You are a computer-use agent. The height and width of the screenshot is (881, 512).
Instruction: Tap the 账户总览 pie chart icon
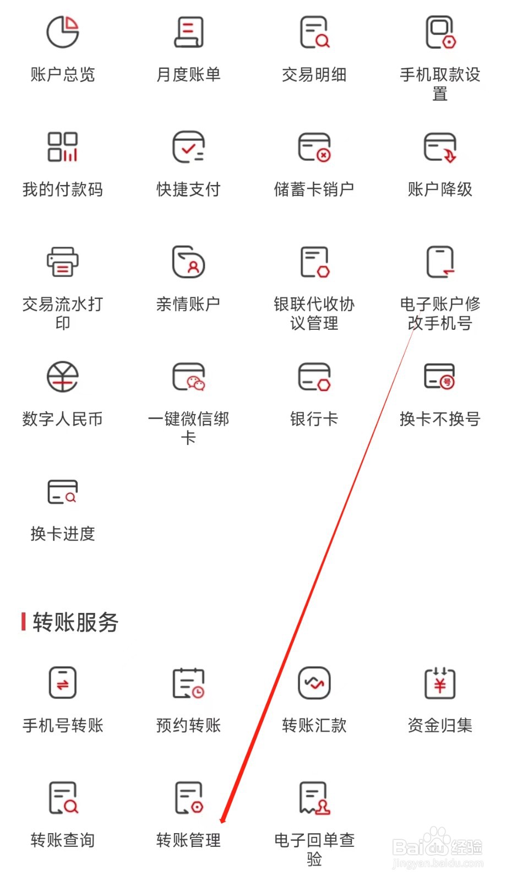pyautogui.click(x=62, y=32)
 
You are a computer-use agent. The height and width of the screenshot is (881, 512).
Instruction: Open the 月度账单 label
pyautogui.click(x=188, y=74)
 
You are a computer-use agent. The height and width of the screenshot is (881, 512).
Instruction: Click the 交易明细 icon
pyautogui.click(x=314, y=32)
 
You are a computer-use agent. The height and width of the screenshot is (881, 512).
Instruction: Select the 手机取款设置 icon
pyautogui.click(x=440, y=32)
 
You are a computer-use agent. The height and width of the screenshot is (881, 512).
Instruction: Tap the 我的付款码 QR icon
pyautogui.click(x=62, y=146)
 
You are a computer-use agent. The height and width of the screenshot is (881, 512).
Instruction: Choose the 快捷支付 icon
pyautogui.click(x=188, y=146)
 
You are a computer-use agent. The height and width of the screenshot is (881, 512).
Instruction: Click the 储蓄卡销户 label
pyautogui.click(x=314, y=189)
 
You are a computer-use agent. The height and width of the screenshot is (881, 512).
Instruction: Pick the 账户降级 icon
pyautogui.click(x=440, y=146)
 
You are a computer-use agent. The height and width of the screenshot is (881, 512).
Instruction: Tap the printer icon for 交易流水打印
pyautogui.click(x=62, y=262)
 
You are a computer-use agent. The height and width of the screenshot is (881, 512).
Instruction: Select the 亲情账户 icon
pyautogui.click(x=188, y=262)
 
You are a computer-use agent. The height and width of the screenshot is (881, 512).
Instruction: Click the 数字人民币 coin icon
pyautogui.click(x=62, y=377)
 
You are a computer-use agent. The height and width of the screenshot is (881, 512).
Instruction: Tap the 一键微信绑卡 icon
pyautogui.click(x=188, y=377)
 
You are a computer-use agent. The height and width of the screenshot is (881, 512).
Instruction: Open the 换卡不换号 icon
pyautogui.click(x=440, y=377)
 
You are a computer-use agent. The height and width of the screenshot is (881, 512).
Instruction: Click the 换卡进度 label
pyautogui.click(x=62, y=534)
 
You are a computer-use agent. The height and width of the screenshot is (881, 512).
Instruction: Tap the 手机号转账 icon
pyautogui.click(x=62, y=683)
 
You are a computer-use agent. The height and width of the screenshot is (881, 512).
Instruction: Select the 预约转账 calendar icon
pyautogui.click(x=188, y=683)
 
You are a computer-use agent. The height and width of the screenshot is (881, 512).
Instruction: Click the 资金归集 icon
pyautogui.click(x=440, y=683)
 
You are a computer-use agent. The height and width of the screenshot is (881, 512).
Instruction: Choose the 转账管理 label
pyautogui.click(x=188, y=840)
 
